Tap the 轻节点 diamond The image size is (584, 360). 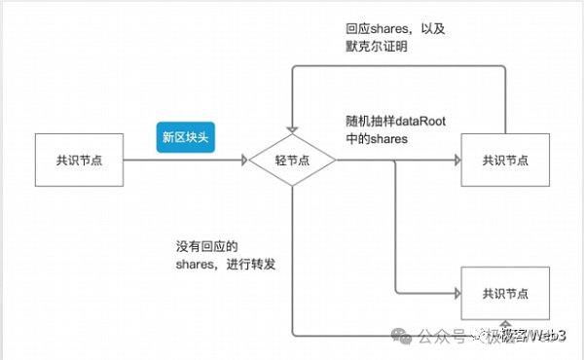click(x=291, y=159)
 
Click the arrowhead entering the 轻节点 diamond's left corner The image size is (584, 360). click(x=243, y=159)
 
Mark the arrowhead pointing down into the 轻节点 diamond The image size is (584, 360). click(x=291, y=129)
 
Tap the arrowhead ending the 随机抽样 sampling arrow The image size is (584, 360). click(x=455, y=159)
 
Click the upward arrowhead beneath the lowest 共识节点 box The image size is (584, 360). click(x=504, y=324)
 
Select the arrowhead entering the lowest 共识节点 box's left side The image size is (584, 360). click(x=455, y=292)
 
